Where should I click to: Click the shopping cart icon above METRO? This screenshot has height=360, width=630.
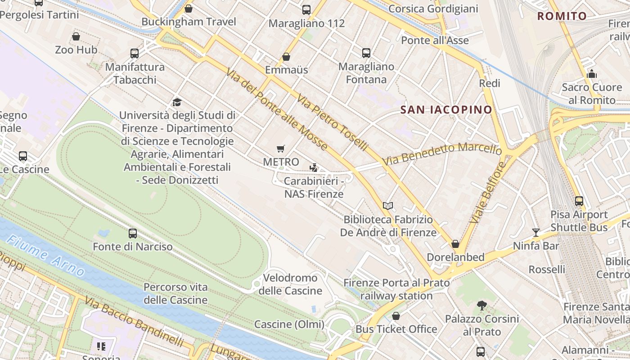pos(281,148)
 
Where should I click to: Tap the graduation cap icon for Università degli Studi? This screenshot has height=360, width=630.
pos(177,103)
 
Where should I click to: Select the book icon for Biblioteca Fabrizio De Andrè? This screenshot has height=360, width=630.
pos(388,206)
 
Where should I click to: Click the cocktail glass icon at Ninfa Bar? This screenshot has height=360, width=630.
pos(536,232)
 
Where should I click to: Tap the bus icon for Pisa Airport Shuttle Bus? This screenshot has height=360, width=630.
pos(579,201)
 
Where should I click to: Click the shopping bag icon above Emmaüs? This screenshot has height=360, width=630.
pos(286,57)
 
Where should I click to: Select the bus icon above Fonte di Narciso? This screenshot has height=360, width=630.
pos(133,234)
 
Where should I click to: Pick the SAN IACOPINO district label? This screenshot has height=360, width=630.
pos(446,110)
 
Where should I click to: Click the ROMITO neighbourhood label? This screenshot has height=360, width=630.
pos(562,17)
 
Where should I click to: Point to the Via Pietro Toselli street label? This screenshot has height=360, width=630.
pos(333,122)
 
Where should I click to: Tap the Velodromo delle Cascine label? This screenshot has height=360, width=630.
pos(290,284)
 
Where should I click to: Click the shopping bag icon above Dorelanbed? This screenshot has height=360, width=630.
pos(455,244)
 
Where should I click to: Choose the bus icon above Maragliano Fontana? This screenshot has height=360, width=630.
pos(366,53)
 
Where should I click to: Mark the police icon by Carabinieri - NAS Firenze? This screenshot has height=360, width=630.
pos(314,168)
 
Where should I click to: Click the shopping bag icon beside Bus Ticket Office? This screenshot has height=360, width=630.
pos(396,316)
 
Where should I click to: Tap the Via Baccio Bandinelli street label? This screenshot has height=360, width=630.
pos(134,322)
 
